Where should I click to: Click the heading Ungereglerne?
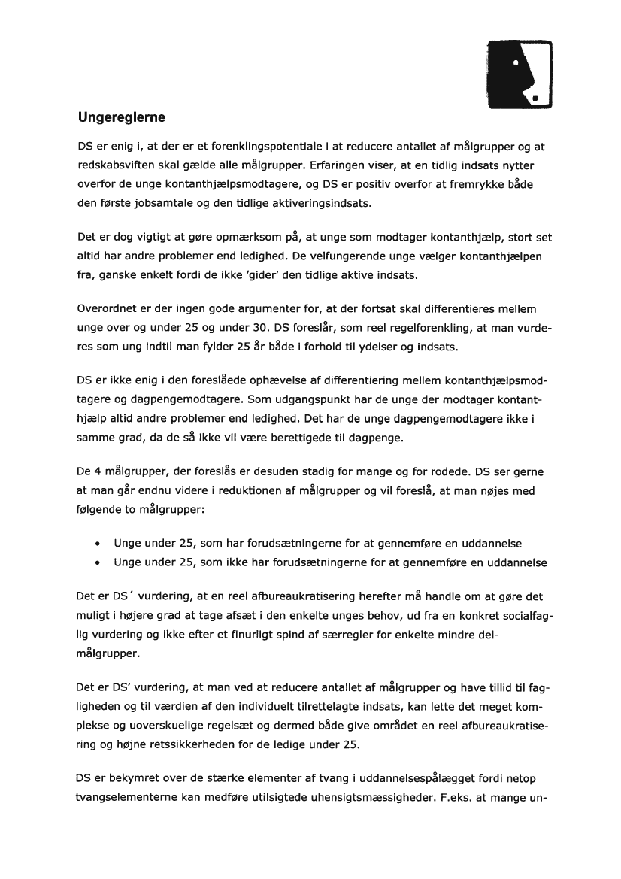[x=121, y=118]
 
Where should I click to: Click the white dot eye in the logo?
[x=516, y=64]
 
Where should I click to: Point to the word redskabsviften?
[x=112, y=165]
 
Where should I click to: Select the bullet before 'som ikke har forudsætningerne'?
[x=98, y=562]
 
